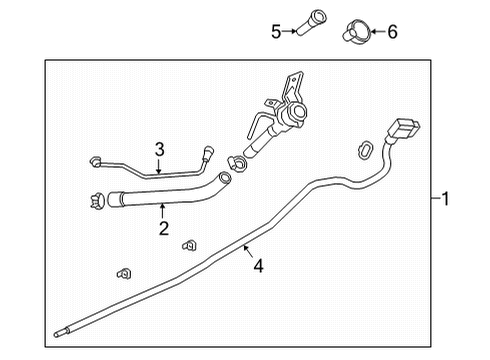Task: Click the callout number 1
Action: coord(446,199)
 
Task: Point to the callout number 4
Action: coord(258,267)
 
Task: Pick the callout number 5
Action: coord(275,31)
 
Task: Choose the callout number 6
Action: coord(391,31)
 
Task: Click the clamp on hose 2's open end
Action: coord(96,199)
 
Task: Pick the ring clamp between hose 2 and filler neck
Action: coord(240,163)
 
